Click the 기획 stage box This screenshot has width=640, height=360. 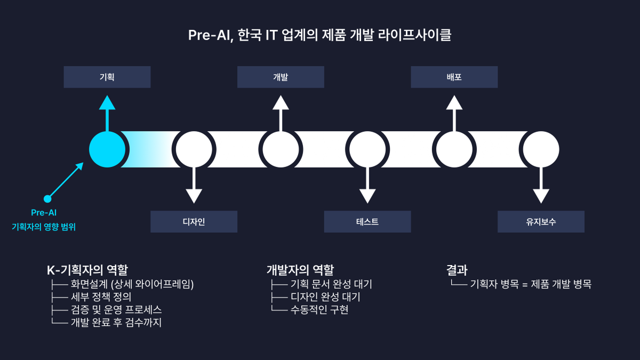(x=107, y=77)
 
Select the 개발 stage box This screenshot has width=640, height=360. (x=281, y=77)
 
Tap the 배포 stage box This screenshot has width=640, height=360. (x=454, y=77)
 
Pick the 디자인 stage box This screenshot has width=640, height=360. (x=194, y=222)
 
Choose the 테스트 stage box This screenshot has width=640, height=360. (x=367, y=222)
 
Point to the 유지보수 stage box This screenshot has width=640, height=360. (x=541, y=222)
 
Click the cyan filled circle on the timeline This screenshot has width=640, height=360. (x=107, y=149)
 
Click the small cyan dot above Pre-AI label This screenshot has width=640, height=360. (x=47, y=199)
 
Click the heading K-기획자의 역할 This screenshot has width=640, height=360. (x=87, y=270)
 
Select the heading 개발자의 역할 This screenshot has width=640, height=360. (x=300, y=270)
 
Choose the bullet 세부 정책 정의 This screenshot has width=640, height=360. (x=101, y=297)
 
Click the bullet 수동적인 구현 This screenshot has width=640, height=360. (x=319, y=310)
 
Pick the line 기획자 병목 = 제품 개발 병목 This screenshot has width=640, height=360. (x=531, y=284)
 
